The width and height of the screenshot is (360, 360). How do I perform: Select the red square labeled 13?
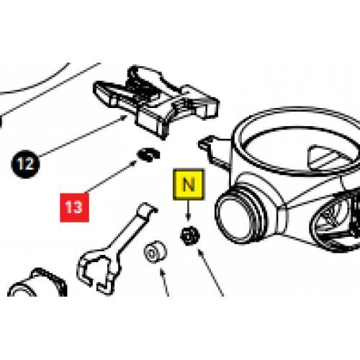(73, 207)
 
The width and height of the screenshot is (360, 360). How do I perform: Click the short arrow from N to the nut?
(188, 212)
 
